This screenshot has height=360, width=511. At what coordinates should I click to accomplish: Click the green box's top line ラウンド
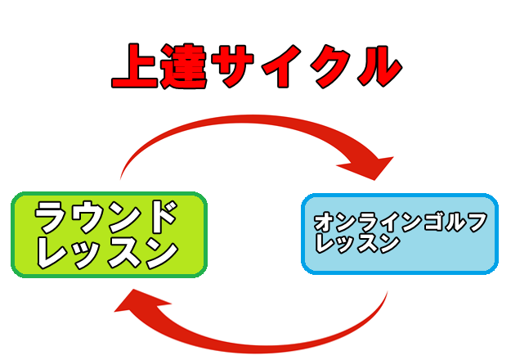pyautogui.click(x=107, y=218)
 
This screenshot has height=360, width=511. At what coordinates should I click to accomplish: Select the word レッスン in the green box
pyautogui.click(x=107, y=253)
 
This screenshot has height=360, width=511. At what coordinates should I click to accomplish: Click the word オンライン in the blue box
pyautogui.click(x=368, y=223)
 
